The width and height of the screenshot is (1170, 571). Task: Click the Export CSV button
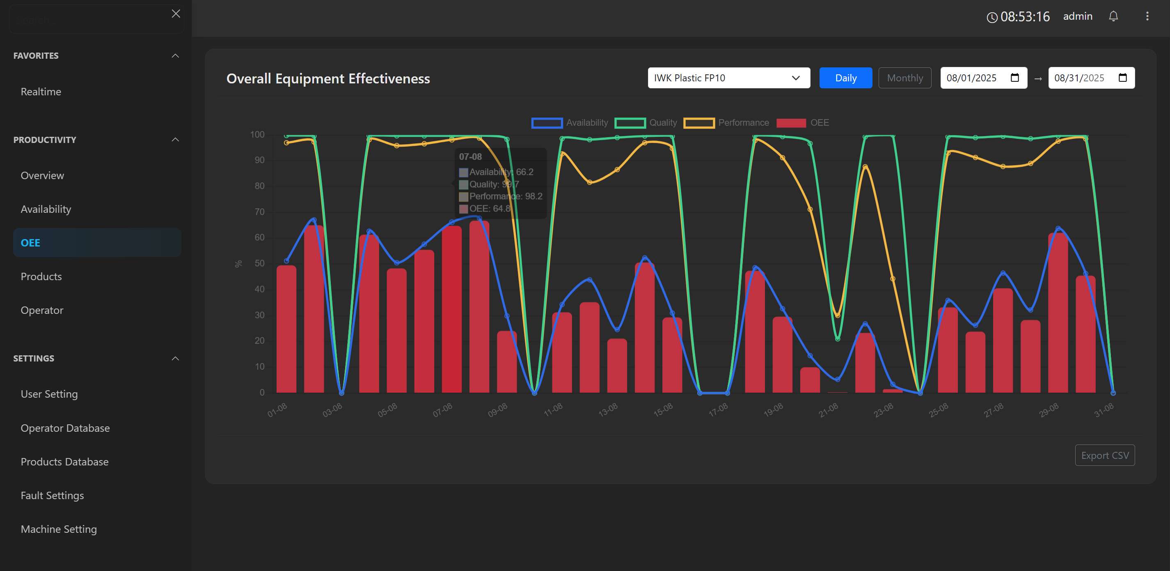pos(1104,455)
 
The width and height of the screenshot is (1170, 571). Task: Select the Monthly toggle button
pos(904,78)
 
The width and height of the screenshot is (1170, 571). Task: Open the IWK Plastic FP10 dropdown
pos(728,78)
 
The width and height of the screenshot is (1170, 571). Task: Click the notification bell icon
pos(1113,16)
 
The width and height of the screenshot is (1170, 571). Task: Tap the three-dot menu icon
pos(1147,16)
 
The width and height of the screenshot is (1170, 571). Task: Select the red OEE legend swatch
pos(791,123)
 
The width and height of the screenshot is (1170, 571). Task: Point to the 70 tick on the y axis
pos(259,212)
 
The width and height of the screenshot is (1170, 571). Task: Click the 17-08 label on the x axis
pos(718,410)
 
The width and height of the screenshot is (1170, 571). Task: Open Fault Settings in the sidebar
pos(52,495)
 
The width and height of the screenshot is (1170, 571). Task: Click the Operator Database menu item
pos(65,428)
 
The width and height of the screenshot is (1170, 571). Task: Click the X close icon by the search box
pos(176,14)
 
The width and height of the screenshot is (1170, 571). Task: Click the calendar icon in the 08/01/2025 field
pos(1014,78)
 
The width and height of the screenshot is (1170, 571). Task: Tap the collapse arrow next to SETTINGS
pos(175,358)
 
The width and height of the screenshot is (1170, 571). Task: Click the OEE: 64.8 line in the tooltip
pos(489,209)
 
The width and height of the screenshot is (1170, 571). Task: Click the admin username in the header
pos(1077,16)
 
